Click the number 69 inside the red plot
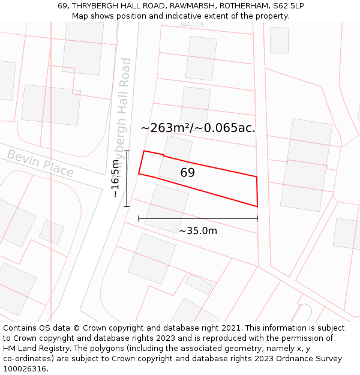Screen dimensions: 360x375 [x=188, y=173]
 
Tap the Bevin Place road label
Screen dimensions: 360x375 [x=40, y=164]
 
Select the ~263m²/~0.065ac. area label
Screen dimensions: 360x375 [x=197, y=128]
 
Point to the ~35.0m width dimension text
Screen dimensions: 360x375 [x=197, y=230]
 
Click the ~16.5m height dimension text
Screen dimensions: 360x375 [x=115, y=178]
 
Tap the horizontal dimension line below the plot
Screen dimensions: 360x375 [x=198, y=219]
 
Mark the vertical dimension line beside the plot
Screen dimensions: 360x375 [x=127, y=178]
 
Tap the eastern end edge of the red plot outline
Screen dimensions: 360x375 [x=257, y=191]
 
